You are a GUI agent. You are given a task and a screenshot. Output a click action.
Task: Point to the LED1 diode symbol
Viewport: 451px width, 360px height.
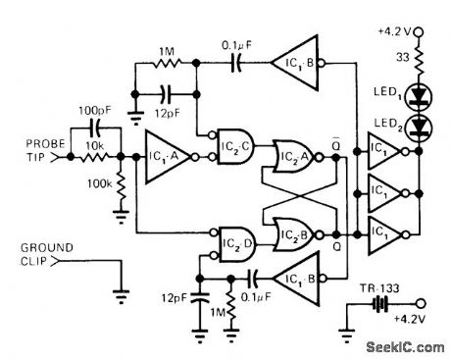click(x=420, y=96)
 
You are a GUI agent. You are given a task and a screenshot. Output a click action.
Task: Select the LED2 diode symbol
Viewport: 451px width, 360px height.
click(x=420, y=125)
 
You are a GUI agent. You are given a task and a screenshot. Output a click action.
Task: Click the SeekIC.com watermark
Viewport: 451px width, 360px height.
click(x=404, y=347)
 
